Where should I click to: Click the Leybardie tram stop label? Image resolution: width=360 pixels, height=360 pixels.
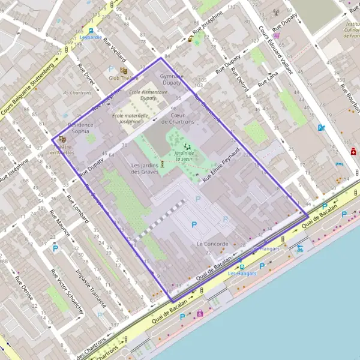coord(91,37)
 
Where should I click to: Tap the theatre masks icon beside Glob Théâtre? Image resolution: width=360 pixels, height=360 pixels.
coord(124,71)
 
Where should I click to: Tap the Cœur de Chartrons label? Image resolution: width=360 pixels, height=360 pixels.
coord(182,118)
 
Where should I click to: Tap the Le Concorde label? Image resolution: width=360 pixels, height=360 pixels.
coord(212,244)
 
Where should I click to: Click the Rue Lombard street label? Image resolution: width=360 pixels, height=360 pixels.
coord(78,209)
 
